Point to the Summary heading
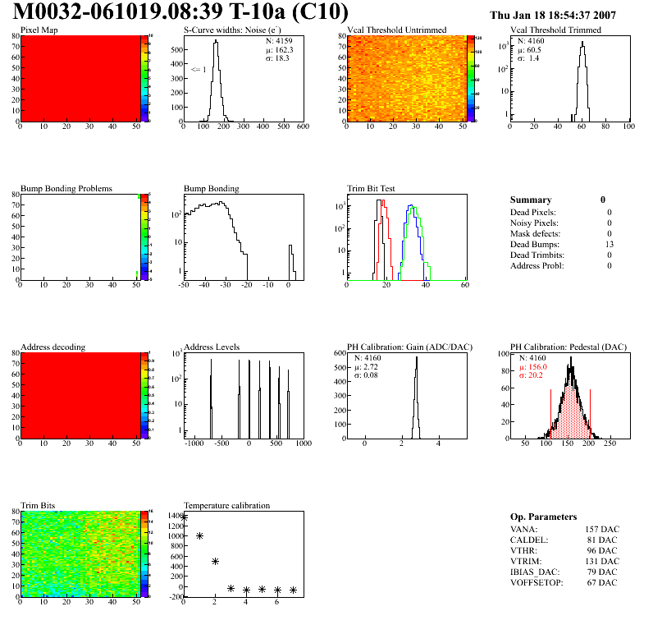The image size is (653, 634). click(x=530, y=200)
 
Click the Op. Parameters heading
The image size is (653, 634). click(x=543, y=517)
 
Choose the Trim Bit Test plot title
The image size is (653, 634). click(x=372, y=188)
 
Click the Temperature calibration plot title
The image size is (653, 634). click(x=226, y=505)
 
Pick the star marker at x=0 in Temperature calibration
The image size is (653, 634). click(x=184, y=517)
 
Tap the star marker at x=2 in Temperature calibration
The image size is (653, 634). click(x=215, y=561)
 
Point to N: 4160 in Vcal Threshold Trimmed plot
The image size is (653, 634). click(x=532, y=40)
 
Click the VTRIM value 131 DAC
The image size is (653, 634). click(x=604, y=561)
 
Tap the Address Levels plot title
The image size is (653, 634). click(x=212, y=347)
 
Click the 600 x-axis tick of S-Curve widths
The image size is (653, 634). click(x=302, y=127)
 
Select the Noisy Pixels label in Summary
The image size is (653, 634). click(x=536, y=223)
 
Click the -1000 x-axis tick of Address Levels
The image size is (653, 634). click(x=194, y=443)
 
